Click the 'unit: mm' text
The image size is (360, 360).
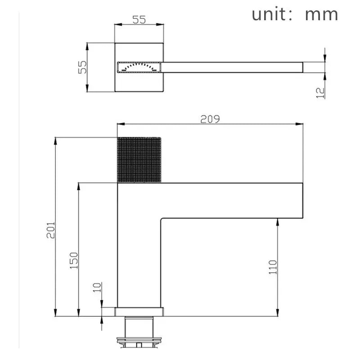pos(295,14)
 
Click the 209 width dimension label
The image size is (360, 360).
pos(210,119)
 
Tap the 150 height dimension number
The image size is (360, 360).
pos(74,261)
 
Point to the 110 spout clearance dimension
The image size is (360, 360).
pos(272,268)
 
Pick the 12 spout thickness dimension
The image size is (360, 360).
pos(320,92)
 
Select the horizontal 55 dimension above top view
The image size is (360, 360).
pos(139,20)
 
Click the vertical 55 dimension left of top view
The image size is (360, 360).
pos(82,67)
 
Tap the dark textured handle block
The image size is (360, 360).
pos(139,160)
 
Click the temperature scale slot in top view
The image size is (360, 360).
pos(139,67)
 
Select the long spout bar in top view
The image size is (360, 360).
pos(232,67)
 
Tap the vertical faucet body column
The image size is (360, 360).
pos(139,261)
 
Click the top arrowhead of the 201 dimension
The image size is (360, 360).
pos(56,140)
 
